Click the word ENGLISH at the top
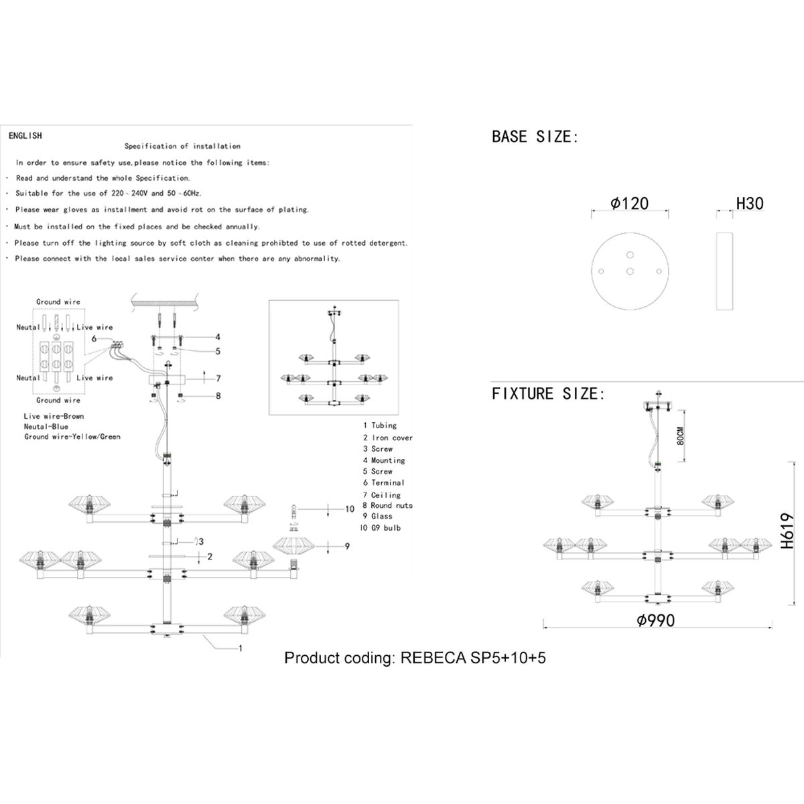[25, 135]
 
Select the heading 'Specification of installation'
[182, 146]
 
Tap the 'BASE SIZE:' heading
[535, 137]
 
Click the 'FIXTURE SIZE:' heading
[548, 394]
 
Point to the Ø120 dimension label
[630, 204]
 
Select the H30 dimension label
[750, 204]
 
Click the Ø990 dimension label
[656, 621]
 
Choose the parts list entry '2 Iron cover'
[388, 438]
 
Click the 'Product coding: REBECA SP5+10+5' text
[415, 657]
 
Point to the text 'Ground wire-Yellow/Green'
[72, 437]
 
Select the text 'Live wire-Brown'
[54, 416]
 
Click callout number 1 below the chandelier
[240, 648]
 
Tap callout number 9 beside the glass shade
[347, 547]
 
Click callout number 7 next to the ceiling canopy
[218, 379]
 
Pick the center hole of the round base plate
[630, 271]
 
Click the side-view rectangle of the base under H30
[724, 271]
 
